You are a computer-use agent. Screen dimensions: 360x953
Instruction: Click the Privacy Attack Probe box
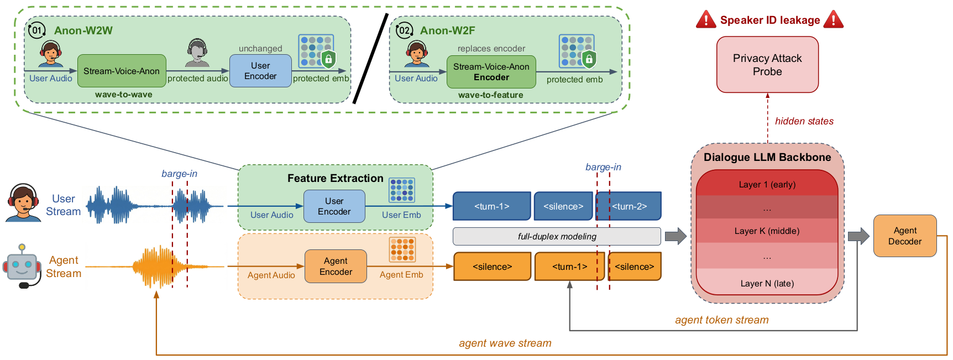(x=767, y=65)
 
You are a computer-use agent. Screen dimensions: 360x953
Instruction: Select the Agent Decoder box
(x=905, y=236)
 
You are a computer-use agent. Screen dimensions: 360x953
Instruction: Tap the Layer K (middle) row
(x=767, y=231)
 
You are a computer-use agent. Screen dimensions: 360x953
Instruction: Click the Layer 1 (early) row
(x=767, y=185)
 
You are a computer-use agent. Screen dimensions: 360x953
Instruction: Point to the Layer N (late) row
(x=767, y=283)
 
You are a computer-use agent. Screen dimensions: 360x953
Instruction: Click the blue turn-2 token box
(x=629, y=206)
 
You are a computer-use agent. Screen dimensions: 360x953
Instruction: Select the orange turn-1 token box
(x=569, y=267)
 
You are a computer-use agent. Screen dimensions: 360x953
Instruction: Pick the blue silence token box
(x=563, y=206)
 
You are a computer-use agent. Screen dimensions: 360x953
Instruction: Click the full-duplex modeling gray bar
(x=557, y=237)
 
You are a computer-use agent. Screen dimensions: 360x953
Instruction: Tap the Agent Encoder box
(x=336, y=267)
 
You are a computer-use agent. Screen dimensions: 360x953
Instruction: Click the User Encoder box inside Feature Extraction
(x=334, y=206)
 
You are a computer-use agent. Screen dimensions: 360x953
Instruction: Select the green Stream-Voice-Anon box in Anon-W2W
(x=122, y=71)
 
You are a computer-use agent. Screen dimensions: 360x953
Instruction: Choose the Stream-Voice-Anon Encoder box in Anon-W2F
(x=491, y=72)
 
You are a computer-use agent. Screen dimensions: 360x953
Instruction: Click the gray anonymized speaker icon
(x=197, y=53)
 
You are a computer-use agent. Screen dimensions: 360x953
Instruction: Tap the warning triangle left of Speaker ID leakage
(x=706, y=20)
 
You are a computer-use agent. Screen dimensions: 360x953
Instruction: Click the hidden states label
(x=804, y=121)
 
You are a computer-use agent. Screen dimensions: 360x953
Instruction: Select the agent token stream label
(x=721, y=320)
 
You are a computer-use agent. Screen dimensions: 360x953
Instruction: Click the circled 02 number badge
(x=404, y=30)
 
